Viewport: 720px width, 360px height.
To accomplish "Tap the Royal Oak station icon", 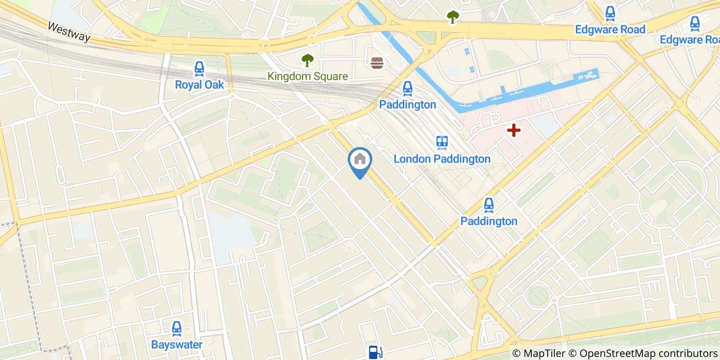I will [x=199, y=68].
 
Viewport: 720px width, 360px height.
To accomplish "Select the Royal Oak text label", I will [x=200, y=85].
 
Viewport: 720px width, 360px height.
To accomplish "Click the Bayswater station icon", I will [x=176, y=329].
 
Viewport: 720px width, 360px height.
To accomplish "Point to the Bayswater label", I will [x=176, y=345].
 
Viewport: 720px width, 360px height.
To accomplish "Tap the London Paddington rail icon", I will [x=442, y=143].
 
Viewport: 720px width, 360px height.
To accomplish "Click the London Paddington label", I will [x=442, y=159].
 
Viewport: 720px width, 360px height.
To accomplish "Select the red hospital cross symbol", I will [x=513, y=130].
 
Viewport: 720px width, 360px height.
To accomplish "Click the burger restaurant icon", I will [x=377, y=63].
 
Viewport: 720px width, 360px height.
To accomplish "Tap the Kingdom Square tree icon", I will [x=308, y=61].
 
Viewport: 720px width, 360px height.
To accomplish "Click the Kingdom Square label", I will [x=308, y=77].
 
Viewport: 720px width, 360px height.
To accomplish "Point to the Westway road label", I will [x=69, y=31].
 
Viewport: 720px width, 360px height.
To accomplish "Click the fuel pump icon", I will [x=375, y=352].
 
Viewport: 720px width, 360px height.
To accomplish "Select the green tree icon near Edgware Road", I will [x=453, y=17].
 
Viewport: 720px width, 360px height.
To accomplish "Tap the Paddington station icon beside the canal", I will [x=407, y=89].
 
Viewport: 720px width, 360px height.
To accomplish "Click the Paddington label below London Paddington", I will [x=489, y=221].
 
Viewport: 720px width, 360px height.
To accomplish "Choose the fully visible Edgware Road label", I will [x=610, y=29].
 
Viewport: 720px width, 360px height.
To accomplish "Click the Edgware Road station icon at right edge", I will [x=695, y=23].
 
